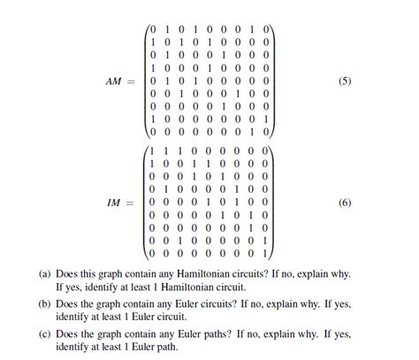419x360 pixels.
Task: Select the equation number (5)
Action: coord(345,81)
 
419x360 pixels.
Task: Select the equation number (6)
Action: coord(345,202)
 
